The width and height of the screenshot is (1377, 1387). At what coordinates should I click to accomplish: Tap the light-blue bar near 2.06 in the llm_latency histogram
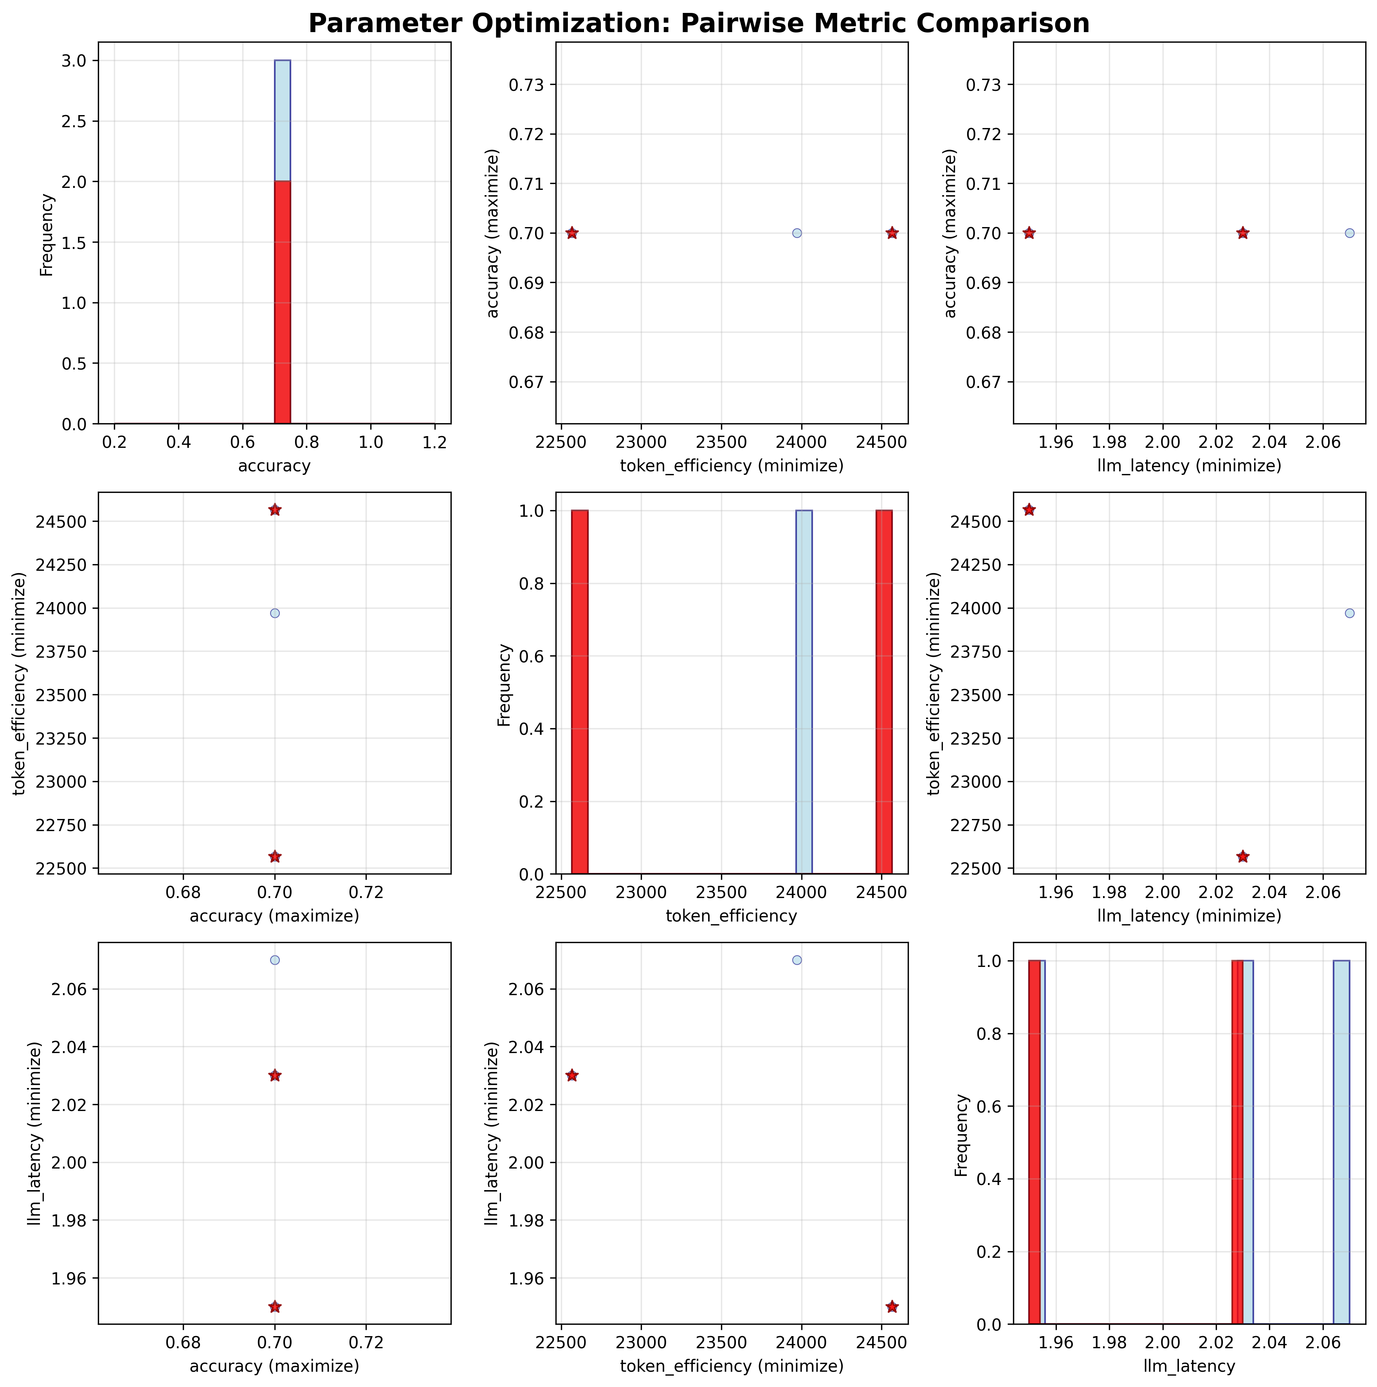tap(1341, 1142)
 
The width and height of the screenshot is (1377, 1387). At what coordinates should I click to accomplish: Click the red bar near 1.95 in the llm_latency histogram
tap(1034, 1142)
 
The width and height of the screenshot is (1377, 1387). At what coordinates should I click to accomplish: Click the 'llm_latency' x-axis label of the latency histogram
tap(1189, 1366)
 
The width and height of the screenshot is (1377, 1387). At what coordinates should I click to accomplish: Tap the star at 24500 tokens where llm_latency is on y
tap(892, 1307)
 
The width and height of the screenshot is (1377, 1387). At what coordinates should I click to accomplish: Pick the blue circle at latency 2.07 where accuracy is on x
tap(274, 960)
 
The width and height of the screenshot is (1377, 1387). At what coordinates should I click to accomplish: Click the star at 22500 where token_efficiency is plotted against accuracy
tap(274, 857)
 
